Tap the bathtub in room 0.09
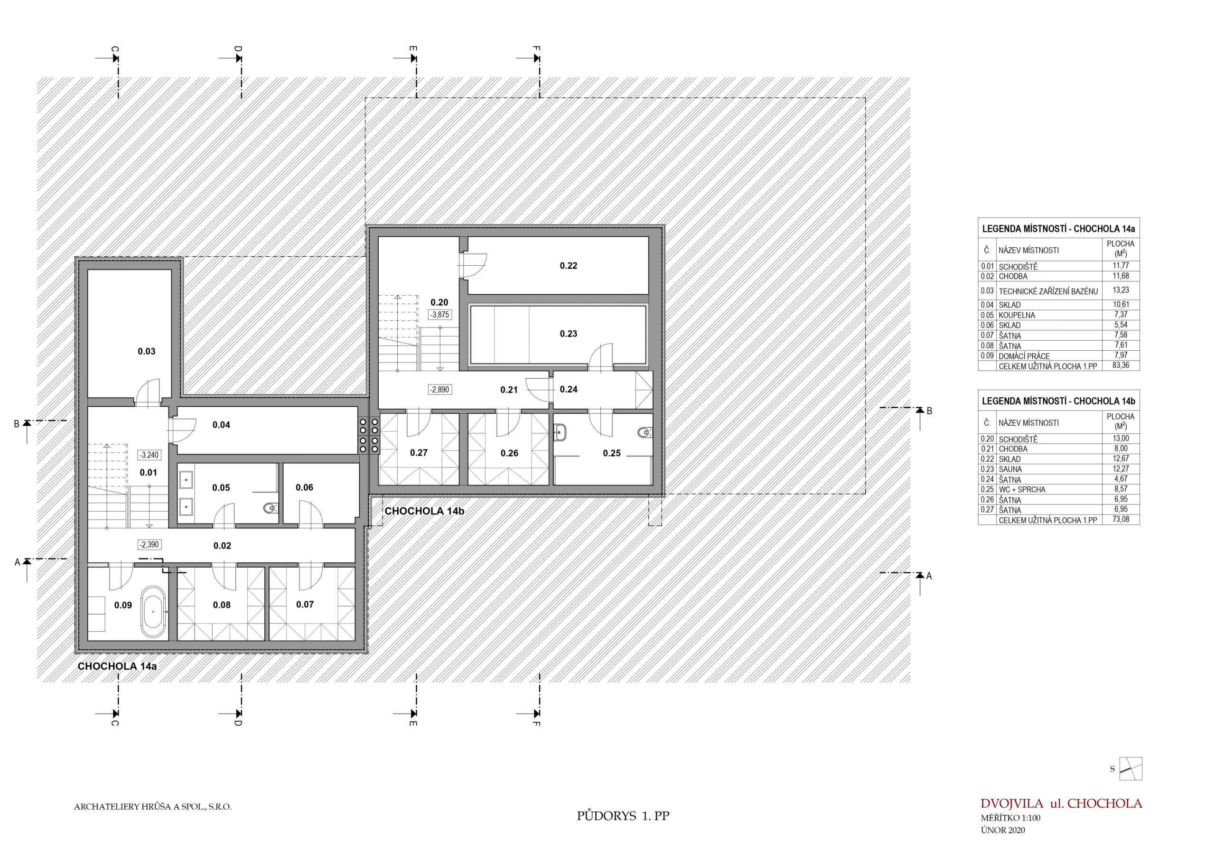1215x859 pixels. [153, 611]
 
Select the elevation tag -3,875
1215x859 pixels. [440, 314]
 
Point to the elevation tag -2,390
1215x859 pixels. [149, 545]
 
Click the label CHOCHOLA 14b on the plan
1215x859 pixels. [424, 511]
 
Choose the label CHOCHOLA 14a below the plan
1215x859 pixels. [118, 666]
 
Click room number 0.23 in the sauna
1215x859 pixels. [568, 334]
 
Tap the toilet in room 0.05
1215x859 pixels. [271, 509]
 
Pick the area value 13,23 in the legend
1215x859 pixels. [1121, 290]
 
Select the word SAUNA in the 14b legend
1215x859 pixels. [1010, 469]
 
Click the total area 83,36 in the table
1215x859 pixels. [1121, 366]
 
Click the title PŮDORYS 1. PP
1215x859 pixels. [623, 816]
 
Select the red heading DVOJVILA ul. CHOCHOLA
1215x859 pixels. [1061, 803]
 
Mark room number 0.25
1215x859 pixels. [612, 454]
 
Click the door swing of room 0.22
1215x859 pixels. [474, 265]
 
